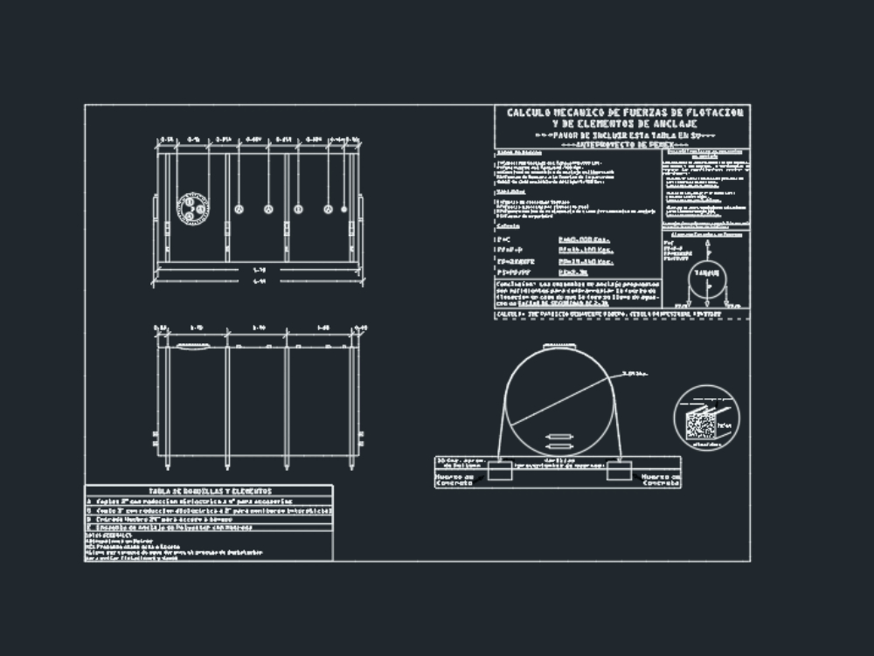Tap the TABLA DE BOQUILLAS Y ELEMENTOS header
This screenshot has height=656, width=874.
(210, 492)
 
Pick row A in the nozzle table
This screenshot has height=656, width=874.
(89, 501)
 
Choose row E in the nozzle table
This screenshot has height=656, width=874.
(89, 528)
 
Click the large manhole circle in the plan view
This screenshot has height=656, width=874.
(191, 209)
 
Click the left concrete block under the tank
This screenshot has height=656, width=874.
(500, 470)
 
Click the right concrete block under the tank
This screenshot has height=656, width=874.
(620, 470)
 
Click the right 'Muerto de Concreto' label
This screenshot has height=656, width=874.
(661, 480)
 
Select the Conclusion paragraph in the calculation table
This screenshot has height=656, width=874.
(576, 292)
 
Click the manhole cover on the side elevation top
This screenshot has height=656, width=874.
(194, 346)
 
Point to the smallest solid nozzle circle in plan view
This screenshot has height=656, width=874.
(357, 209)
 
